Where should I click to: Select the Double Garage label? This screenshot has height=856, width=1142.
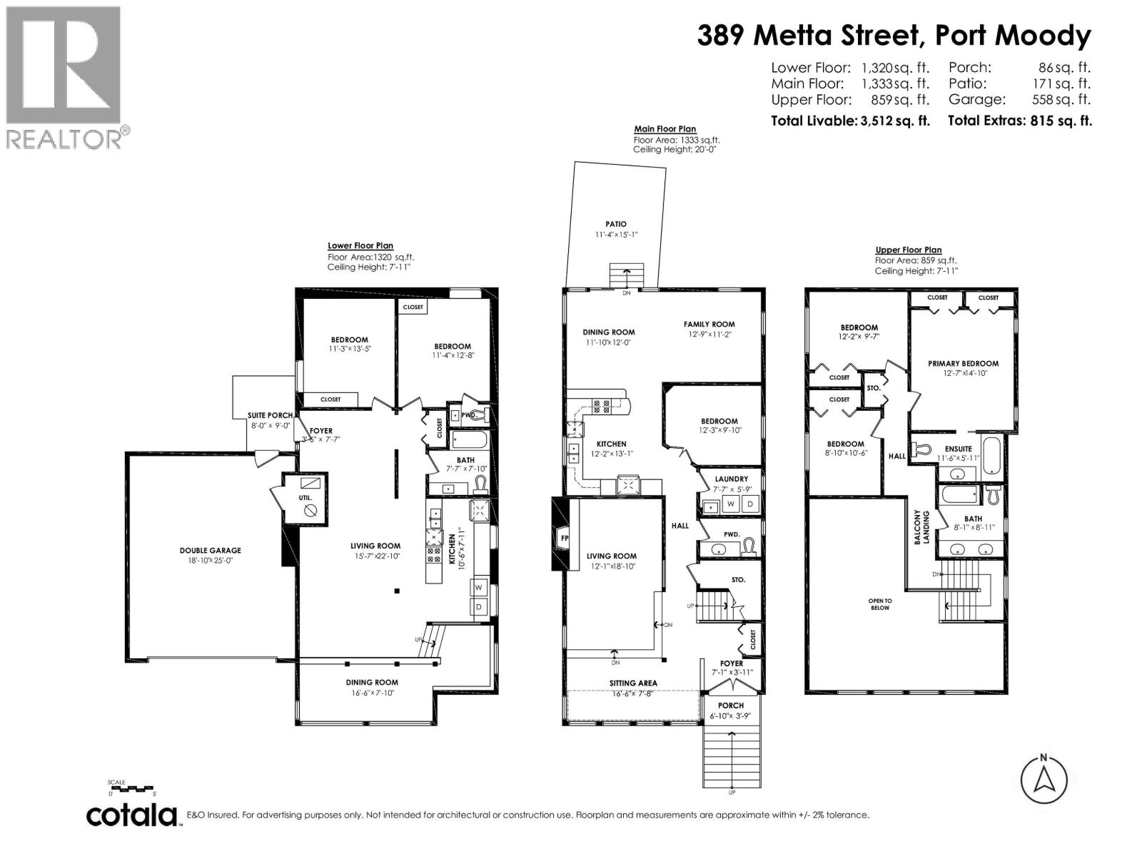[210, 550]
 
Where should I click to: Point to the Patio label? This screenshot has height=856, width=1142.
[615, 224]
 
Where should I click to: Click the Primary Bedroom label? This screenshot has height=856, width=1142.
[963, 363]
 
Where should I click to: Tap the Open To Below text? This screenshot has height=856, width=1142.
[880, 603]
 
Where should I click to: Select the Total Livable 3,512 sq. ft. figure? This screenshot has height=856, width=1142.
[850, 121]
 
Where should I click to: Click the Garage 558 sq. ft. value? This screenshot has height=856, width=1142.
[1065, 100]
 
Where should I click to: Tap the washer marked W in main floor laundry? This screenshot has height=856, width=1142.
[731, 504]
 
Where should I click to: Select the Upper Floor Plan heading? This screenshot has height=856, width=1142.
[908, 250]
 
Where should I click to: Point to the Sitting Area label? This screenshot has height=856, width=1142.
[633, 683]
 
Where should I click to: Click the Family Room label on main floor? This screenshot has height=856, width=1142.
[709, 324]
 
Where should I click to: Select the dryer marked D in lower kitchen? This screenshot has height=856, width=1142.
[479, 607]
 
